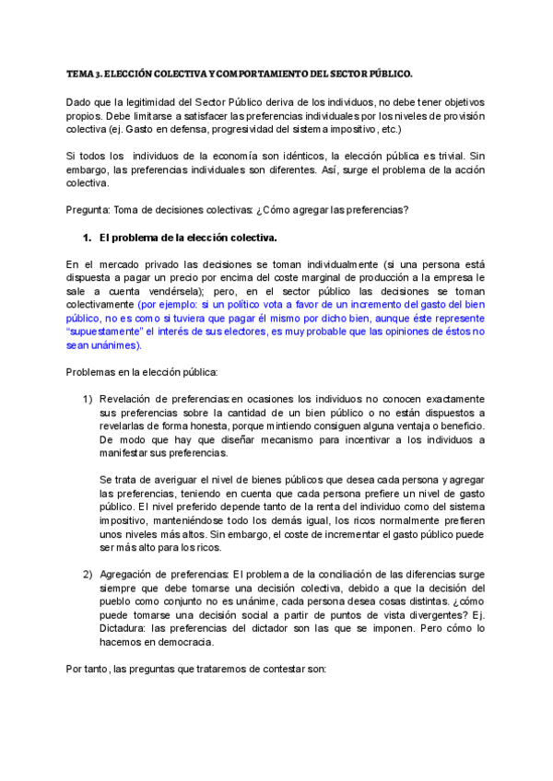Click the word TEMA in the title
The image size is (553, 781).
[x=77, y=72]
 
